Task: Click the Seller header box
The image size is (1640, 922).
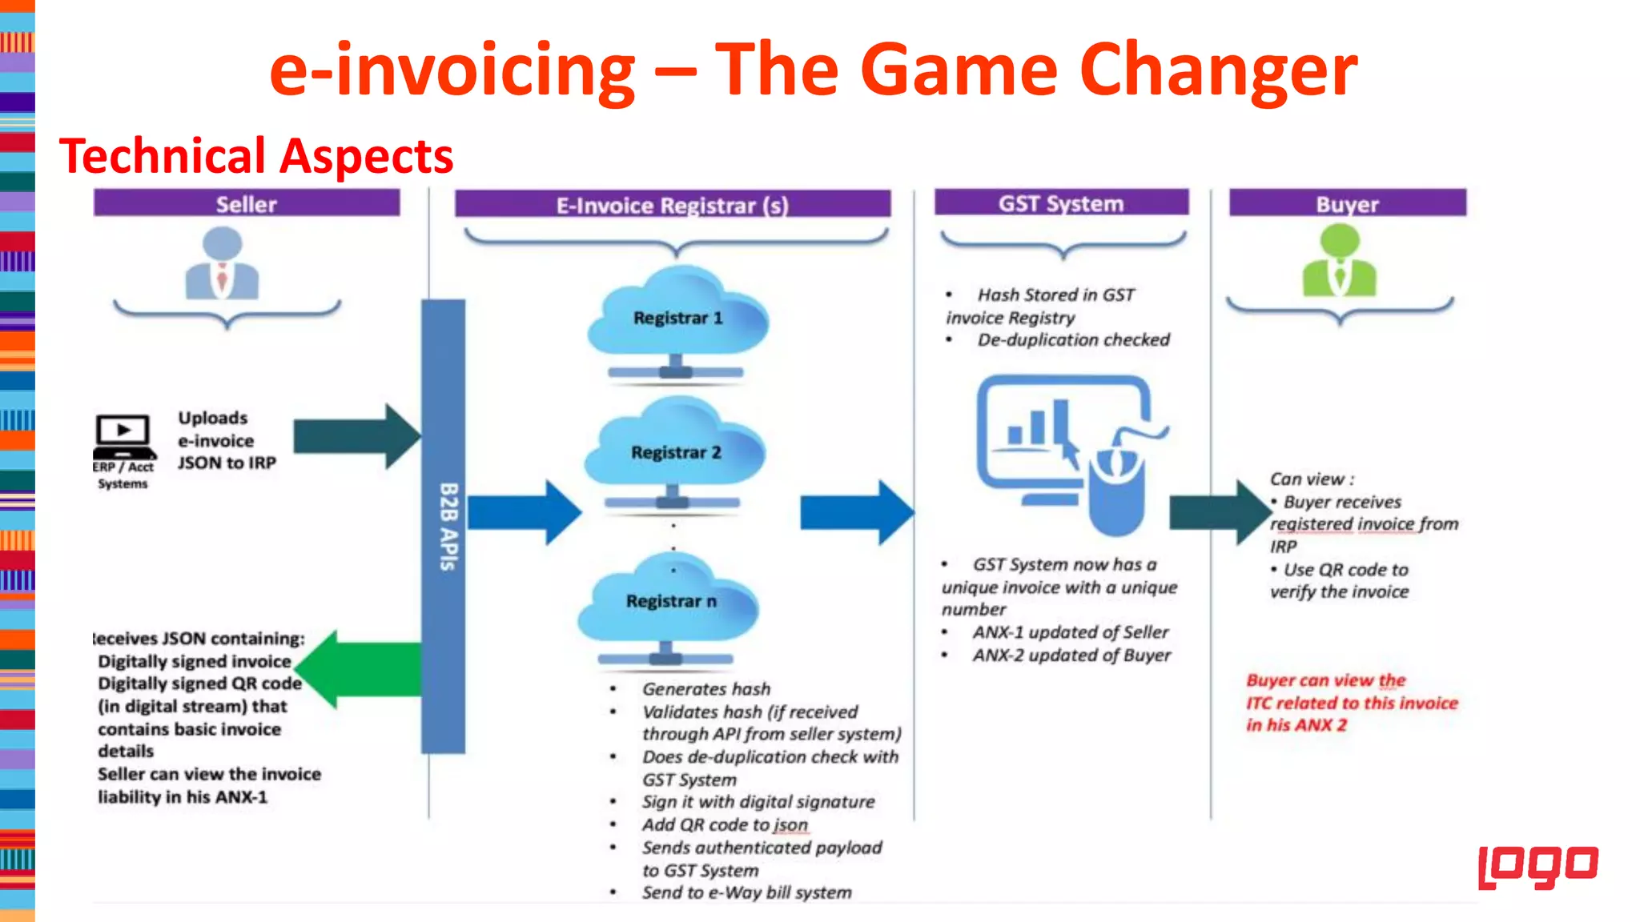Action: (x=246, y=203)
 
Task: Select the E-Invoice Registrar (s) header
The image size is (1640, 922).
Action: (x=672, y=205)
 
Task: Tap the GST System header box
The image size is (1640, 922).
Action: (x=1060, y=203)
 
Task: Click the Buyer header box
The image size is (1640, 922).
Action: (x=1347, y=203)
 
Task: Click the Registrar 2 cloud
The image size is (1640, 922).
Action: (x=675, y=451)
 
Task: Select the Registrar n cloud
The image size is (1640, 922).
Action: (x=670, y=601)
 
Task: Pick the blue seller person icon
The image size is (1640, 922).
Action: (x=223, y=264)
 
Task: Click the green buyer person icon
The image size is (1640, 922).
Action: (x=1339, y=262)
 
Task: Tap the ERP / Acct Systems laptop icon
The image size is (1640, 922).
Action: (x=123, y=436)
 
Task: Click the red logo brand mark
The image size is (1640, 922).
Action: (x=1537, y=867)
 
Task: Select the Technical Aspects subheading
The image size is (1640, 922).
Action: (x=256, y=156)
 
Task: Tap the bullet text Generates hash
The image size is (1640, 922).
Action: (x=705, y=689)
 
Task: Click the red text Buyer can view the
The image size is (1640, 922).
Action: (x=1325, y=680)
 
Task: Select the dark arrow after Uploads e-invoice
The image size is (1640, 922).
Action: (x=356, y=436)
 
